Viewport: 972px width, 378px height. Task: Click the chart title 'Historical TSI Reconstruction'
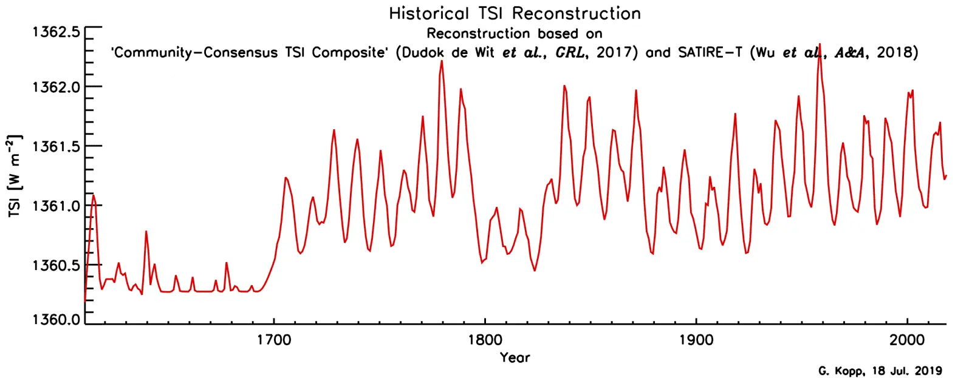pos(515,13)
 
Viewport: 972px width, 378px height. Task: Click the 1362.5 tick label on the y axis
pos(56,32)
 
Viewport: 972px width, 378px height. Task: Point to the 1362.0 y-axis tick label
pos(56,87)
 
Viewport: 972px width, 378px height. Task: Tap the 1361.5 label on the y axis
pos(56,146)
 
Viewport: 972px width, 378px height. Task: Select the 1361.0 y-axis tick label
pos(56,206)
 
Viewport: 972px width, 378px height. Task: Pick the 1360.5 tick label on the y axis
pos(56,266)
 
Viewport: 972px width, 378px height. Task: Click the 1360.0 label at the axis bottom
pos(56,319)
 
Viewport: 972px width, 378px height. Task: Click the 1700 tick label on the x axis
pos(274,340)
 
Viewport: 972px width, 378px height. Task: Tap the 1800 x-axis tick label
pos(485,340)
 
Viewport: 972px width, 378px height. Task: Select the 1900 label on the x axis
pos(696,340)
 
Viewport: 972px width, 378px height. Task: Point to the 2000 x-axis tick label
pos(907,340)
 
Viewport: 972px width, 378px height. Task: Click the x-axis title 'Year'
pos(515,357)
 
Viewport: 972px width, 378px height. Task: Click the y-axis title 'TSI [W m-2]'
pos(15,176)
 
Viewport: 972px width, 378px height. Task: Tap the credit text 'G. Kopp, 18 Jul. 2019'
pos(880,371)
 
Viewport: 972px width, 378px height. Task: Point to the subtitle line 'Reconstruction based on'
pos(515,33)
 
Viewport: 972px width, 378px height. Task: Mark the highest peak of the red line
pos(820,44)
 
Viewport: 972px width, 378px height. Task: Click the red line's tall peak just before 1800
pos(442,61)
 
